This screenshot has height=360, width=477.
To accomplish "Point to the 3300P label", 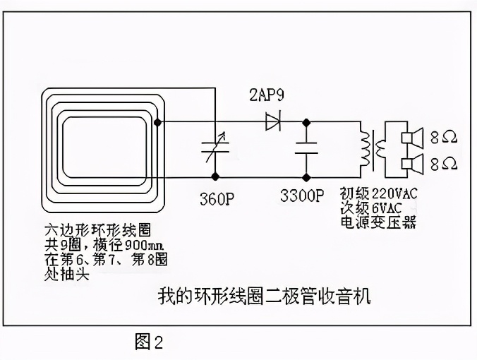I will [302, 195].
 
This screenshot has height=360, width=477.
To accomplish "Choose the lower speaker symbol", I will [410, 164].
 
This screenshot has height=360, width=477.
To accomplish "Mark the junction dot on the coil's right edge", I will [157, 122].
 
